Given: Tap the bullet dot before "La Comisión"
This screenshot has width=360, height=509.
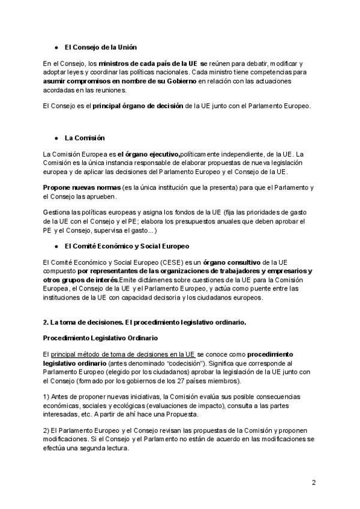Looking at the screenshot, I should point(56,137).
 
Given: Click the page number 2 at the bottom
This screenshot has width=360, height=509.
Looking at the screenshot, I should point(314,483).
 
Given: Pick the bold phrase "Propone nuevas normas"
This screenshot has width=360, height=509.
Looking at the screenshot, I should point(82,188).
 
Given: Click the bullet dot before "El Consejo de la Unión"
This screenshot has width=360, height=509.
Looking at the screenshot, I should point(56,46).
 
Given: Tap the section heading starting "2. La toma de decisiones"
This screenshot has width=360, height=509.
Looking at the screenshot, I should point(145,322).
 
